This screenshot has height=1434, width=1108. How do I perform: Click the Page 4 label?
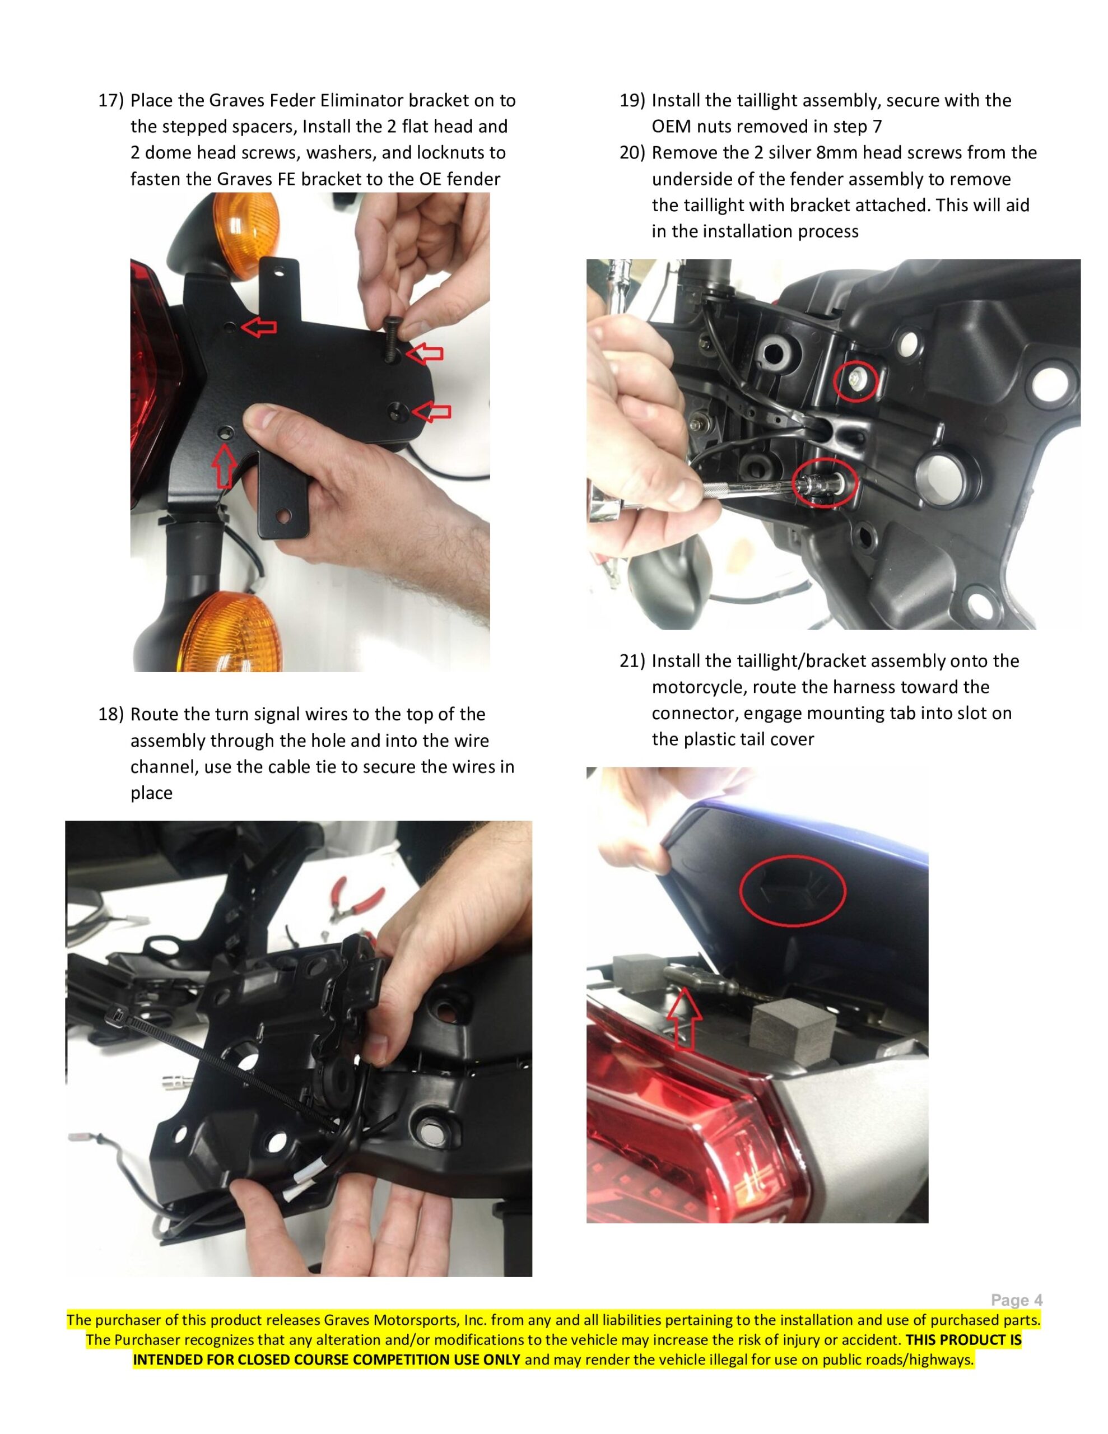click(x=1016, y=1300)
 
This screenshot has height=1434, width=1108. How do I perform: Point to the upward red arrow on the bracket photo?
click(x=224, y=465)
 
